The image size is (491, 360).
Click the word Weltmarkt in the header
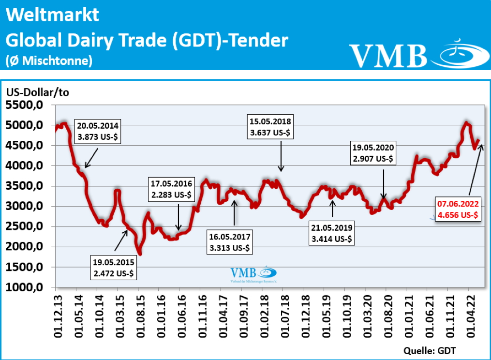click(x=52, y=15)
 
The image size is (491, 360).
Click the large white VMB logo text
click(x=388, y=56)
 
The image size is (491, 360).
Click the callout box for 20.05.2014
click(x=97, y=131)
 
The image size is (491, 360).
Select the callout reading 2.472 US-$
click(x=114, y=268)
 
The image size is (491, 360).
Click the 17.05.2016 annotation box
click(x=172, y=190)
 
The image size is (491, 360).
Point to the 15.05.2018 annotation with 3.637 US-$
click(x=270, y=127)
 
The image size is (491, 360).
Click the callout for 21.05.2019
click(x=332, y=233)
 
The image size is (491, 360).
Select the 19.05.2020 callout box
click(x=373, y=152)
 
